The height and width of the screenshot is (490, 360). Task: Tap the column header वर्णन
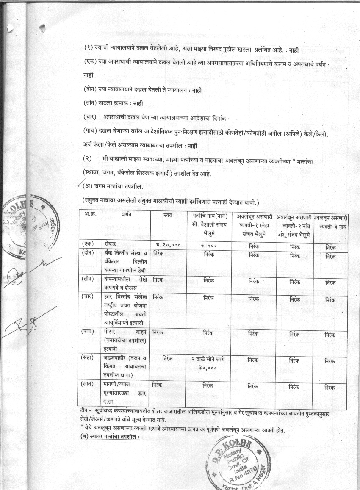(x=126, y=215)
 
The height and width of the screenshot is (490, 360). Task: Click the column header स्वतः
(x=168, y=215)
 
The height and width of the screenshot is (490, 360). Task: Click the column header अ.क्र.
(x=91, y=215)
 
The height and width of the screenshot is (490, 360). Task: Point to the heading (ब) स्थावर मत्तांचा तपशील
(x=110, y=437)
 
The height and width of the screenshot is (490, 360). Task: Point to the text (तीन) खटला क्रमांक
(x=113, y=103)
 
